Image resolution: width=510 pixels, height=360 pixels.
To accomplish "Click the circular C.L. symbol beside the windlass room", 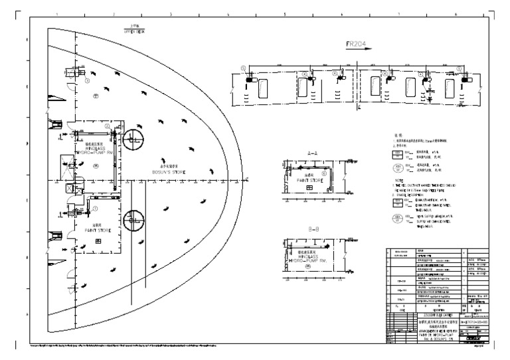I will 132,139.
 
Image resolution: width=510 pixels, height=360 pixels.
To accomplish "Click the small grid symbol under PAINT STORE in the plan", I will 98,241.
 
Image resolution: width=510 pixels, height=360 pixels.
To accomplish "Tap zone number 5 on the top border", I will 285,13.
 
